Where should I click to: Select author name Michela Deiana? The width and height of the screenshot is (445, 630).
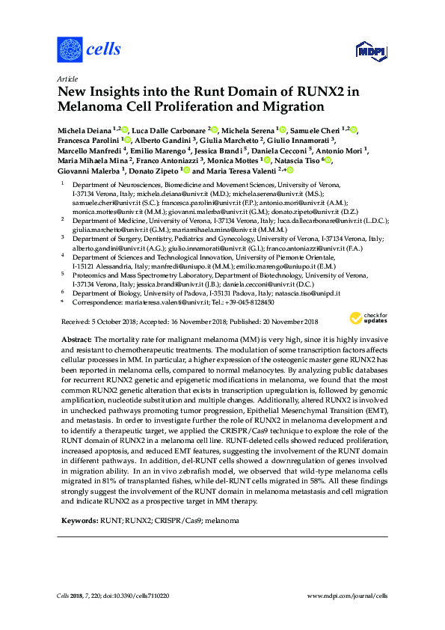pyautogui.click(x=85, y=130)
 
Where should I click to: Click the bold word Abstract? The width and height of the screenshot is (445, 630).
pyautogui.click(x=78, y=340)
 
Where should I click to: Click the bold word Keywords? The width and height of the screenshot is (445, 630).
pyautogui.click(x=79, y=519)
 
